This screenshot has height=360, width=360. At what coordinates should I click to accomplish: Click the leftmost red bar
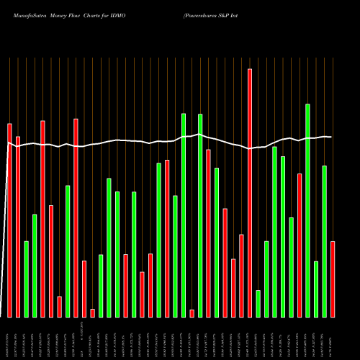point(9,220)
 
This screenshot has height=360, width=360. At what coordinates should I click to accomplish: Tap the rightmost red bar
point(333,279)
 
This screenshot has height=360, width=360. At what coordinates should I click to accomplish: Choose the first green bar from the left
point(26,279)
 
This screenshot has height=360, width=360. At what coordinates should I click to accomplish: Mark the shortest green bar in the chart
point(258,303)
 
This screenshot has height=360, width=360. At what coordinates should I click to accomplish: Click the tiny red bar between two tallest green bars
point(192,313)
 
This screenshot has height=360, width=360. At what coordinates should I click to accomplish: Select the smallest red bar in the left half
point(92,312)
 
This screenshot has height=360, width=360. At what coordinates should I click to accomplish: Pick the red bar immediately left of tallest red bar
point(241,276)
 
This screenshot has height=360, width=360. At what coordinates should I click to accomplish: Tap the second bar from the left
point(18,227)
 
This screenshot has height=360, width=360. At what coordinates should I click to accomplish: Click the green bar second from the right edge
point(324,241)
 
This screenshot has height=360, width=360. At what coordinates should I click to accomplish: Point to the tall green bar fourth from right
point(307,210)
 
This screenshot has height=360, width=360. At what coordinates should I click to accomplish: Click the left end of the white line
point(7,143)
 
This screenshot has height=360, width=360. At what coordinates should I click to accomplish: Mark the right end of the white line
point(331,137)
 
